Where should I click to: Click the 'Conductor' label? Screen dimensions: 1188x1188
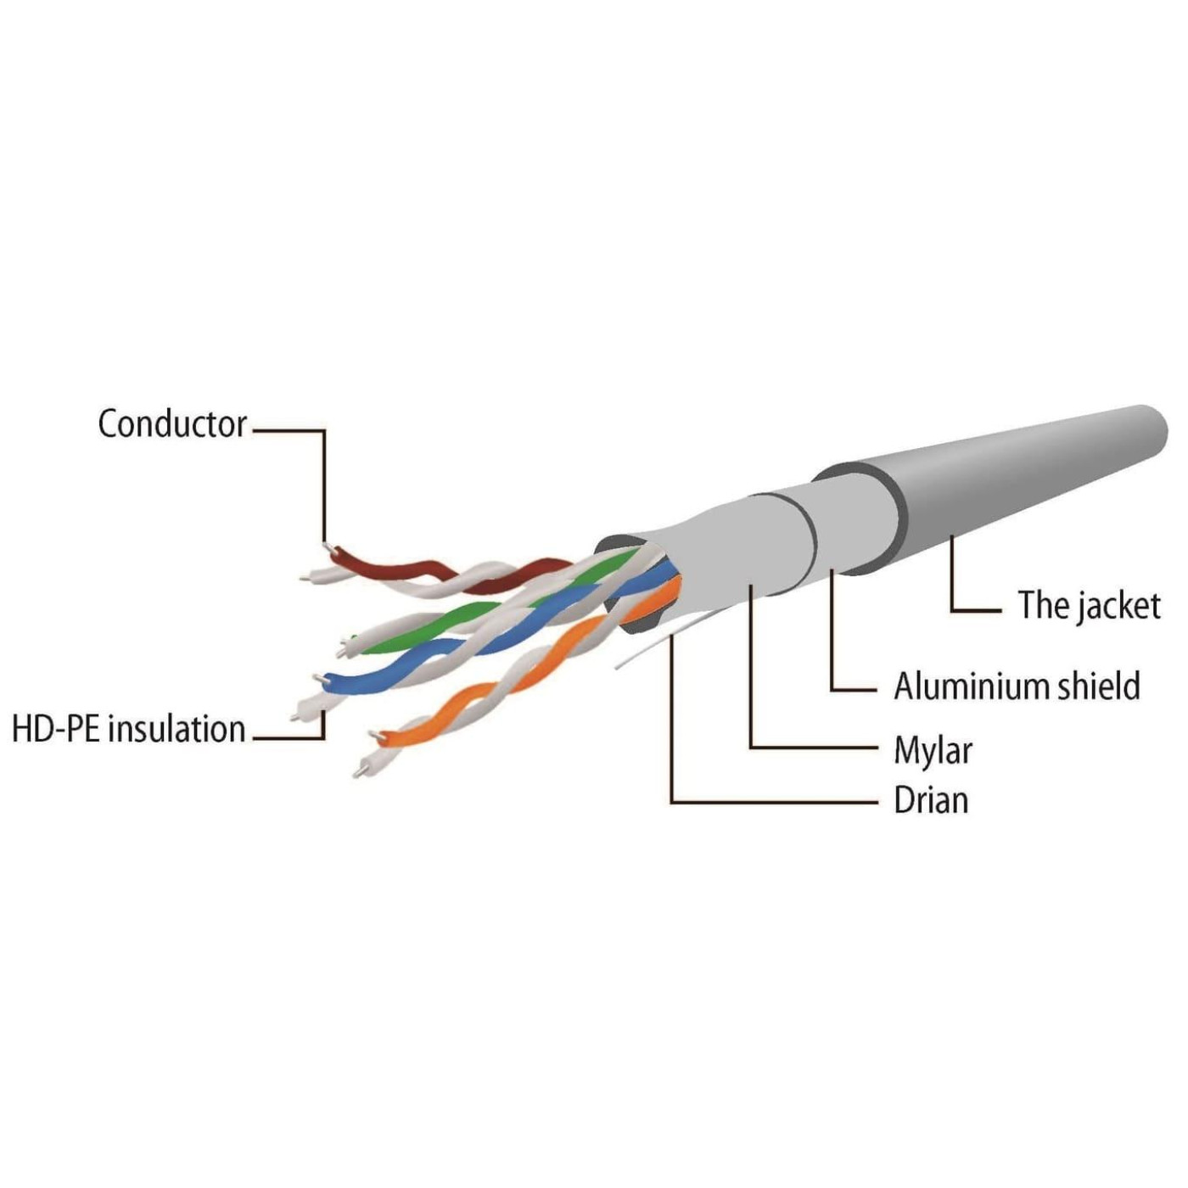coord(172,424)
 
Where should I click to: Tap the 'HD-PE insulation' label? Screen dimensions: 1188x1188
coord(129,729)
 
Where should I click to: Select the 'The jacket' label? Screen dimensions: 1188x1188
coord(1089,606)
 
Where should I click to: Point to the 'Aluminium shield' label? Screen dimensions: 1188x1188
coord(1017,686)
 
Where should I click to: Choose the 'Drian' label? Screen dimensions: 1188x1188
coord(931,800)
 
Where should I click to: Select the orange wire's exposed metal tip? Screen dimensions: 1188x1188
coord(373,734)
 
